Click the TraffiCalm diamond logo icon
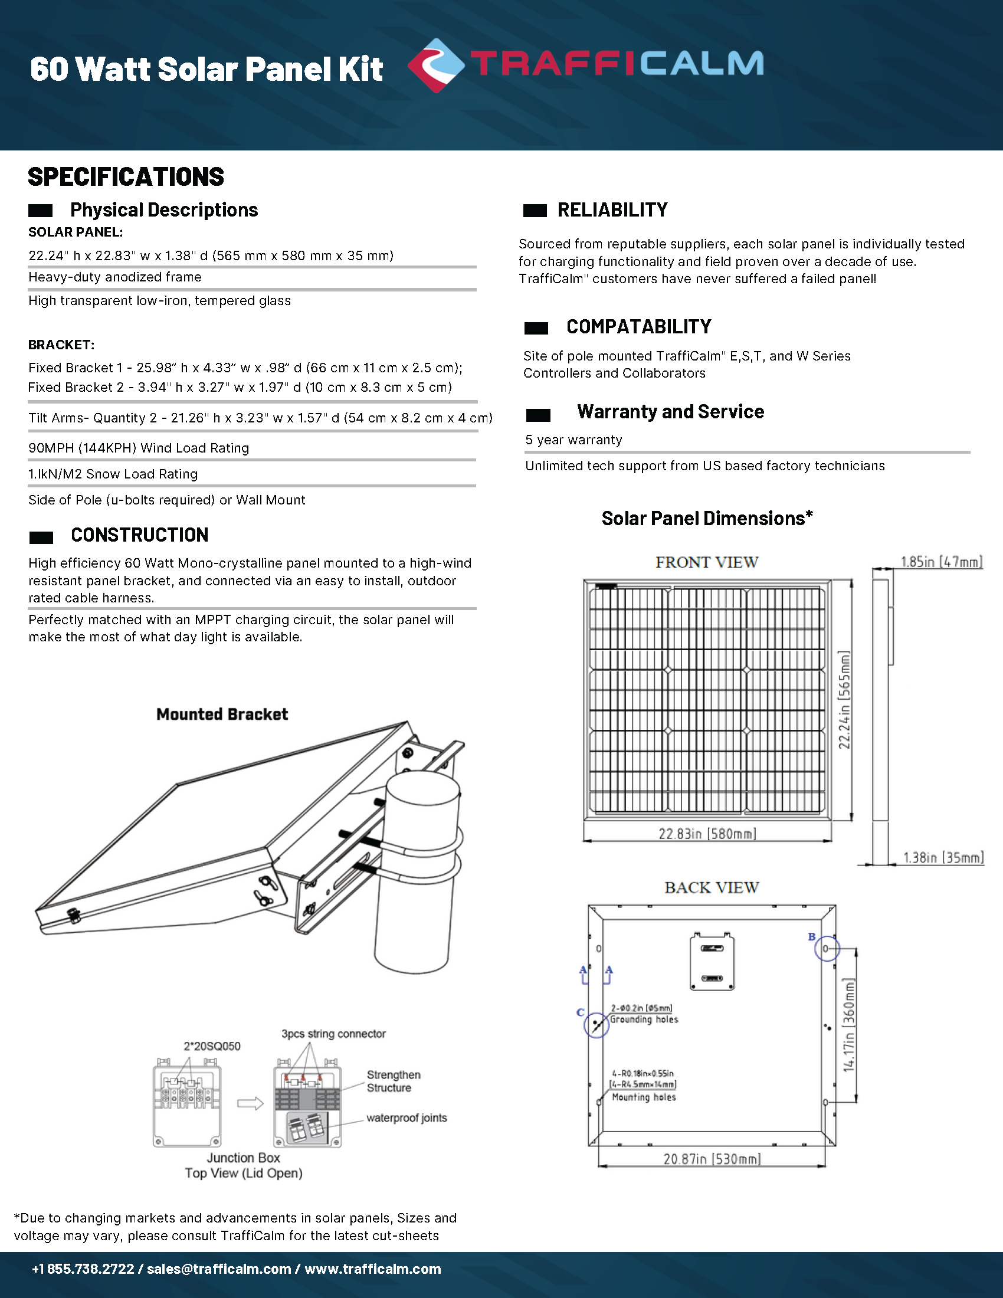pyautogui.click(x=436, y=65)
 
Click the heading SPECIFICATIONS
pyautogui.click(x=126, y=177)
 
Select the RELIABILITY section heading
pyautogui.click(x=612, y=210)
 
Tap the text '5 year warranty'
pyautogui.click(x=573, y=440)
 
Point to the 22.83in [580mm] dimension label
pyautogui.click(x=707, y=834)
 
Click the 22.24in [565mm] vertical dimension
pyautogui.click(x=844, y=700)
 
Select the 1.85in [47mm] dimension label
pyautogui.click(x=941, y=562)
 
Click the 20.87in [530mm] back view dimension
pyautogui.click(x=712, y=1159)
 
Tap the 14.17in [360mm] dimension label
pyautogui.click(x=849, y=1025)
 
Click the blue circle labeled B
pyautogui.click(x=827, y=949)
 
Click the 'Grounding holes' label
pyautogui.click(x=644, y=1020)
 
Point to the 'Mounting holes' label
pyautogui.click(x=644, y=1097)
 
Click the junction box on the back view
pyautogui.click(x=712, y=962)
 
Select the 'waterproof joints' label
pyautogui.click(x=407, y=1118)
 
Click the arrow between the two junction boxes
pyautogui.click(x=250, y=1104)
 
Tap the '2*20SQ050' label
pyautogui.click(x=212, y=1046)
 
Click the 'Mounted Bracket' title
pyautogui.click(x=222, y=714)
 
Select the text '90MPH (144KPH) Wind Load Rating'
pyautogui.click(x=139, y=448)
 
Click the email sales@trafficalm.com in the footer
pyautogui.click(x=219, y=1269)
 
